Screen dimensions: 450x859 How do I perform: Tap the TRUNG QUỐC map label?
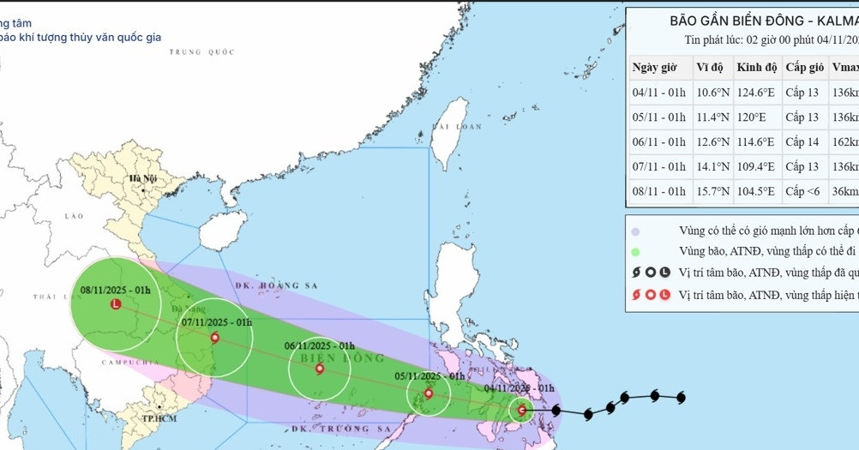pyautogui.click(x=202, y=52)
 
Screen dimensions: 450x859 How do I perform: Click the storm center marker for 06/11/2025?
pyautogui.click(x=320, y=369)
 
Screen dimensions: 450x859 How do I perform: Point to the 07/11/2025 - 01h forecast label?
pyautogui.click(x=217, y=322)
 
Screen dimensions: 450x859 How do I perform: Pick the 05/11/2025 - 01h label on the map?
pyautogui.click(x=429, y=375)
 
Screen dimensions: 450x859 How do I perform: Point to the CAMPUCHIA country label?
pyautogui.click(x=125, y=365)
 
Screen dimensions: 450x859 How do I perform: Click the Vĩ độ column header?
pyautogui.click(x=710, y=67)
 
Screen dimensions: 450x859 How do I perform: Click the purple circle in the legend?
pyautogui.click(x=635, y=231)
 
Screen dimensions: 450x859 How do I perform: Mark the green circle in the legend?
pyautogui.click(x=635, y=252)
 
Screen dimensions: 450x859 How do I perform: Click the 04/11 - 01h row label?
pyautogui.click(x=659, y=92)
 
